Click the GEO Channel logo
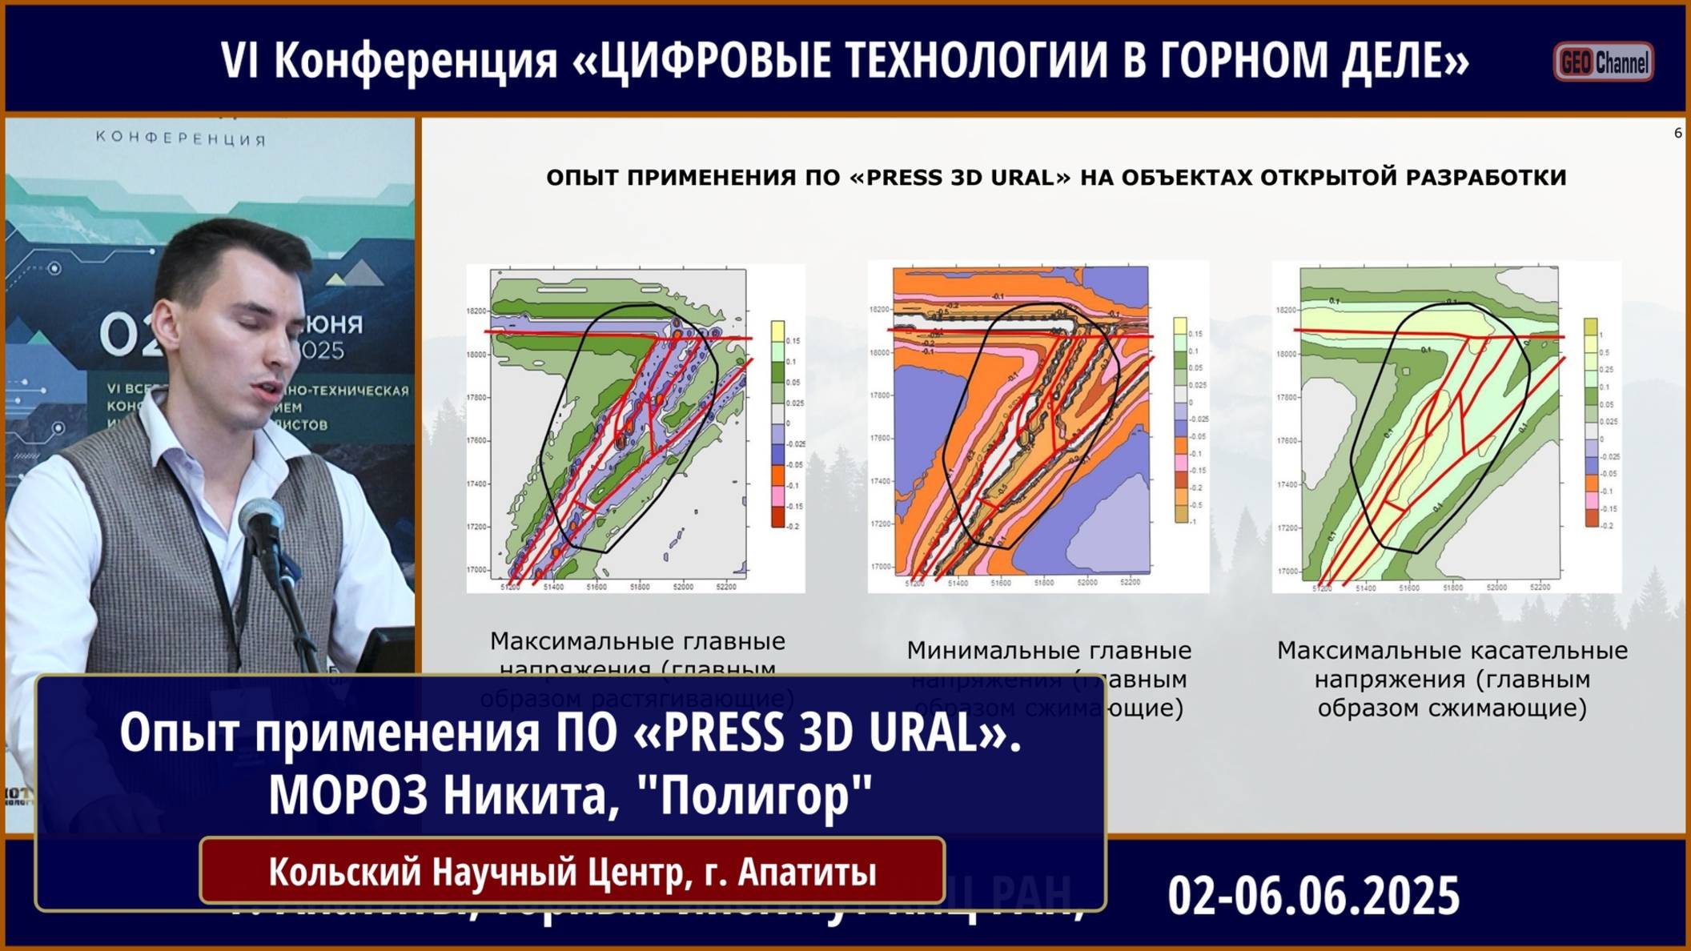(x=1603, y=62)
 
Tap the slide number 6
(x=1677, y=133)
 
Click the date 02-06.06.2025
(x=1313, y=895)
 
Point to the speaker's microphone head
(x=261, y=520)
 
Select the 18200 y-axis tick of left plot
(x=476, y=311)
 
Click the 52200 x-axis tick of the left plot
(x=725, y=587)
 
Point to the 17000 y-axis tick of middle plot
(x=881, y=566)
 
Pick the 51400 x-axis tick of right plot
(x=1365, y=588)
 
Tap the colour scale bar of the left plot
(x=777, y=423)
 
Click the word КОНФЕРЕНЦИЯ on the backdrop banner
(x=181, y=138)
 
